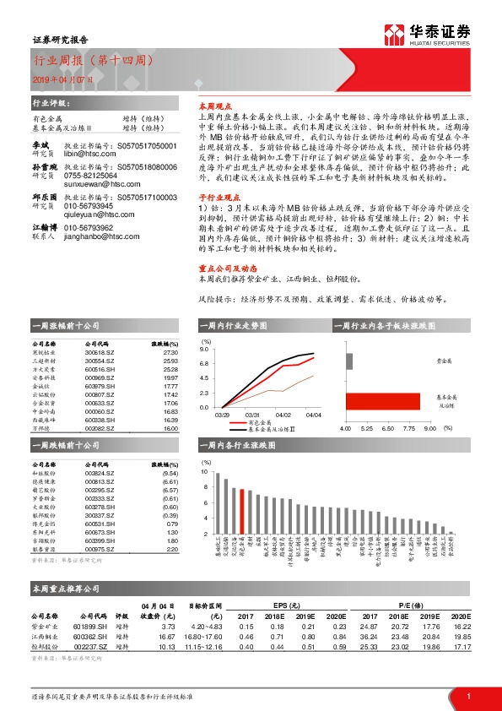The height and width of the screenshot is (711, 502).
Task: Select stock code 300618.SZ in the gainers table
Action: coord(103,353)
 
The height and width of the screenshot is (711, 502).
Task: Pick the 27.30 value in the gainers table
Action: coord(170,353)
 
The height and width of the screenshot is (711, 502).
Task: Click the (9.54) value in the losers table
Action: coord(170,474)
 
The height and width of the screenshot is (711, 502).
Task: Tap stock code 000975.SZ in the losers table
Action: coord(103,550)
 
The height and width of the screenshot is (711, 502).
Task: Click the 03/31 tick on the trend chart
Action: coord(251,415)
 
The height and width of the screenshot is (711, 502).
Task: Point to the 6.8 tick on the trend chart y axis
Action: coord(203,364)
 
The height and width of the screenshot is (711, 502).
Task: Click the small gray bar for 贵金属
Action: coord(348,361)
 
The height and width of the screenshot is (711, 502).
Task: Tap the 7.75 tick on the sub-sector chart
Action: coord(408,429)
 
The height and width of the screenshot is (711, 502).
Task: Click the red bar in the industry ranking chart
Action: coord(244,512)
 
